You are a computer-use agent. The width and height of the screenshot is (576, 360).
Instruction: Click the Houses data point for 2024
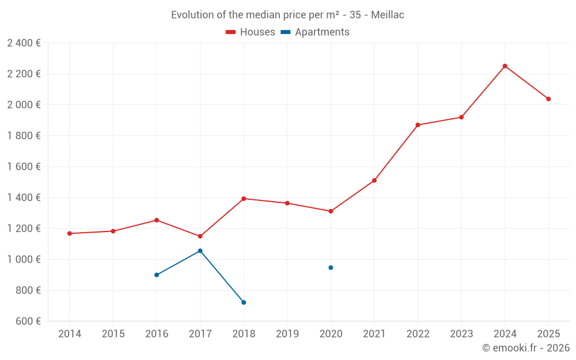[x=505, y=66]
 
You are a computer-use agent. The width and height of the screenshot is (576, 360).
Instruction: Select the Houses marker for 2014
[x=70, y=233]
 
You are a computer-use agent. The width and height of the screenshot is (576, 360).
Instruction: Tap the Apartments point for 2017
[x=200, y=251]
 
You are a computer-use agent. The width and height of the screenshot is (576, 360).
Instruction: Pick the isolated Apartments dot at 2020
[x=331, y=267]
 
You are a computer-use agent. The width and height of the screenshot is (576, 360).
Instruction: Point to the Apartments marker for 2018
[x=244, y=302]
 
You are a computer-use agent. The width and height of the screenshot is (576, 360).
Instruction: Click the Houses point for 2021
[x=374, y=180]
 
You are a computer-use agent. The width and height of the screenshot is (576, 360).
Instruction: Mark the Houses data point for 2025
[x=548, y=99]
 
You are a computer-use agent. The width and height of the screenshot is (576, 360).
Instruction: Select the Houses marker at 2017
[x=200, y=236]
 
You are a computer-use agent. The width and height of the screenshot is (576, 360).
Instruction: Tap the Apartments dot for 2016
[x=157, y=275]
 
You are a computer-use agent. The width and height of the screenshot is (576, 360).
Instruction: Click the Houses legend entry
[x=251, y=32]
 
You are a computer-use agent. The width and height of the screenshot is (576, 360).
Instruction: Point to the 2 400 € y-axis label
[x=24, y=43]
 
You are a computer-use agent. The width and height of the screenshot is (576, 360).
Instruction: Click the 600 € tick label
[x=27, y=321]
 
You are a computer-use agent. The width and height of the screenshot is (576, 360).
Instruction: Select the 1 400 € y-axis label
[x=24, y=198]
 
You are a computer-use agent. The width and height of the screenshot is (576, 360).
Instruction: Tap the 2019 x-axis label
[x=287, y=334]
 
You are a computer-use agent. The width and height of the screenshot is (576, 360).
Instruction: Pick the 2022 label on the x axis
[x=418, y=334]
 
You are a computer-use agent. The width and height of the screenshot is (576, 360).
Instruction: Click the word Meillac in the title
[x=388, y=15]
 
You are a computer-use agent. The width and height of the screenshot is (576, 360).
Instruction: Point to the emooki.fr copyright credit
[x=526, y=348]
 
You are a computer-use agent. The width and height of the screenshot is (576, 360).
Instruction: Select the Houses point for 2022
[x=418, y=125]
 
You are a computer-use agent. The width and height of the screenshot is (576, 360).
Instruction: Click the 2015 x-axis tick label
[x=113, y=334]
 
